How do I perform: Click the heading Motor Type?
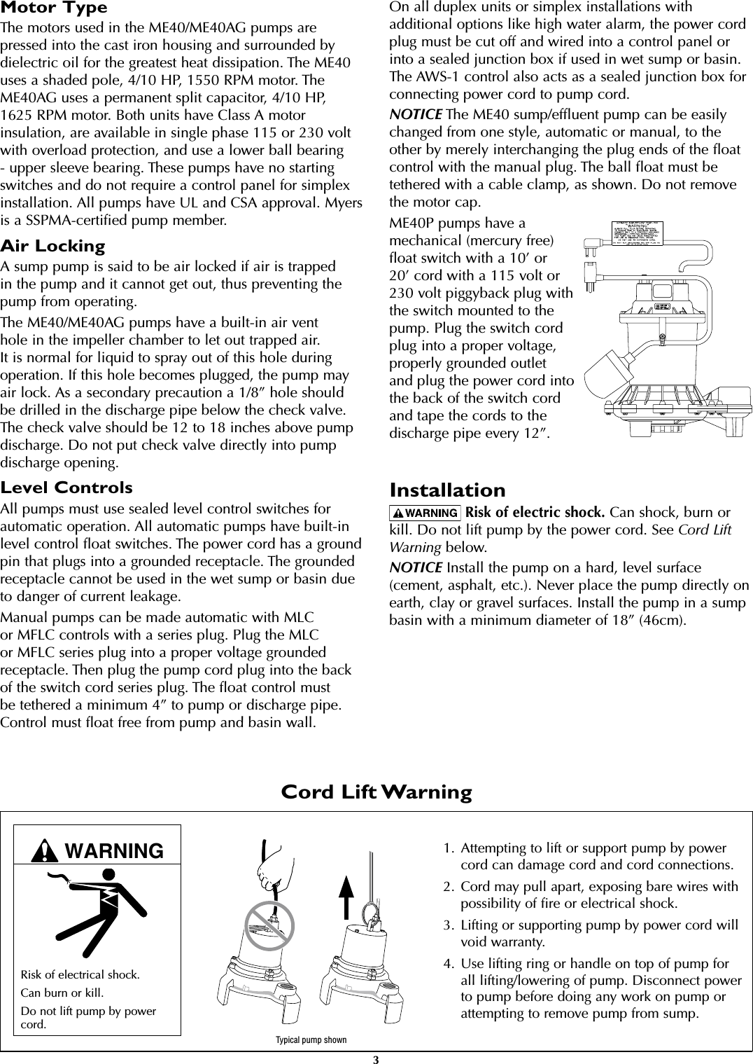(x=54, y=8)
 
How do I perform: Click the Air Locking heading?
(x=52, y=247)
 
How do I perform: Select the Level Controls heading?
(x=66, y=488)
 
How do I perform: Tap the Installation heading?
(x=447, y=490)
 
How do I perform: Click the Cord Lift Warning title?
(x=376, y=792)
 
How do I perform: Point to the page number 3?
(x=376, y=1058)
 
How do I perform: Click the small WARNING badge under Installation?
(x=425, y=513)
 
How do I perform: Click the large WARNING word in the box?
(x=113, y=851)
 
